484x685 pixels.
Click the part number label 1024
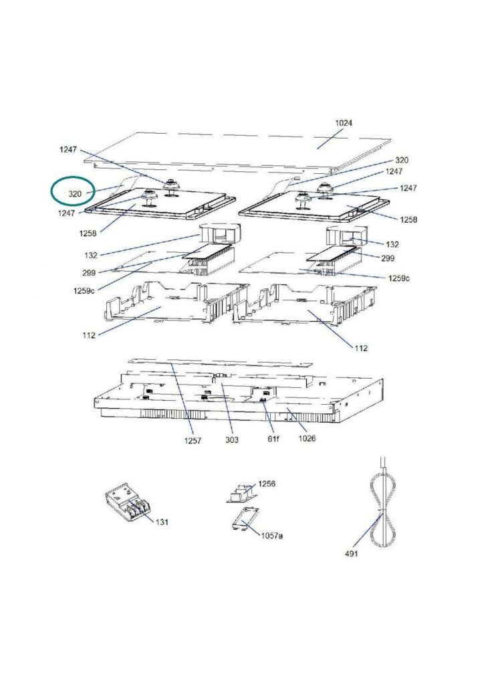click(344, 123)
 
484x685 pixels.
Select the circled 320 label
click(75, 193)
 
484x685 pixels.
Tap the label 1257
click(193, 440)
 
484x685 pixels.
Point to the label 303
click(232, 439)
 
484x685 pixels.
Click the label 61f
click(273, 438)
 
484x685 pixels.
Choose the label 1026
click(307, 438)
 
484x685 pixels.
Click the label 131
click(162, 522)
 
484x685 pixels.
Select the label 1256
click(267, 484)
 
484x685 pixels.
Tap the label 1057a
click(272, 535)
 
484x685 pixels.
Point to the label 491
click(352, 553)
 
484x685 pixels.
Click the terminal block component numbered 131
click(127, 503)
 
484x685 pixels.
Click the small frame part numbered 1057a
click(245, 518)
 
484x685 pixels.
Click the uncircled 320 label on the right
click(402, 160)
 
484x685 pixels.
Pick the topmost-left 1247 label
click(68, 149)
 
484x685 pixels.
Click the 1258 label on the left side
click(88, 233)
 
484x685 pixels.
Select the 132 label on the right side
click(392, 244)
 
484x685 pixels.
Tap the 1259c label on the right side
click(399, 278)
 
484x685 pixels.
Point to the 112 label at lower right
click(361, 348)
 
